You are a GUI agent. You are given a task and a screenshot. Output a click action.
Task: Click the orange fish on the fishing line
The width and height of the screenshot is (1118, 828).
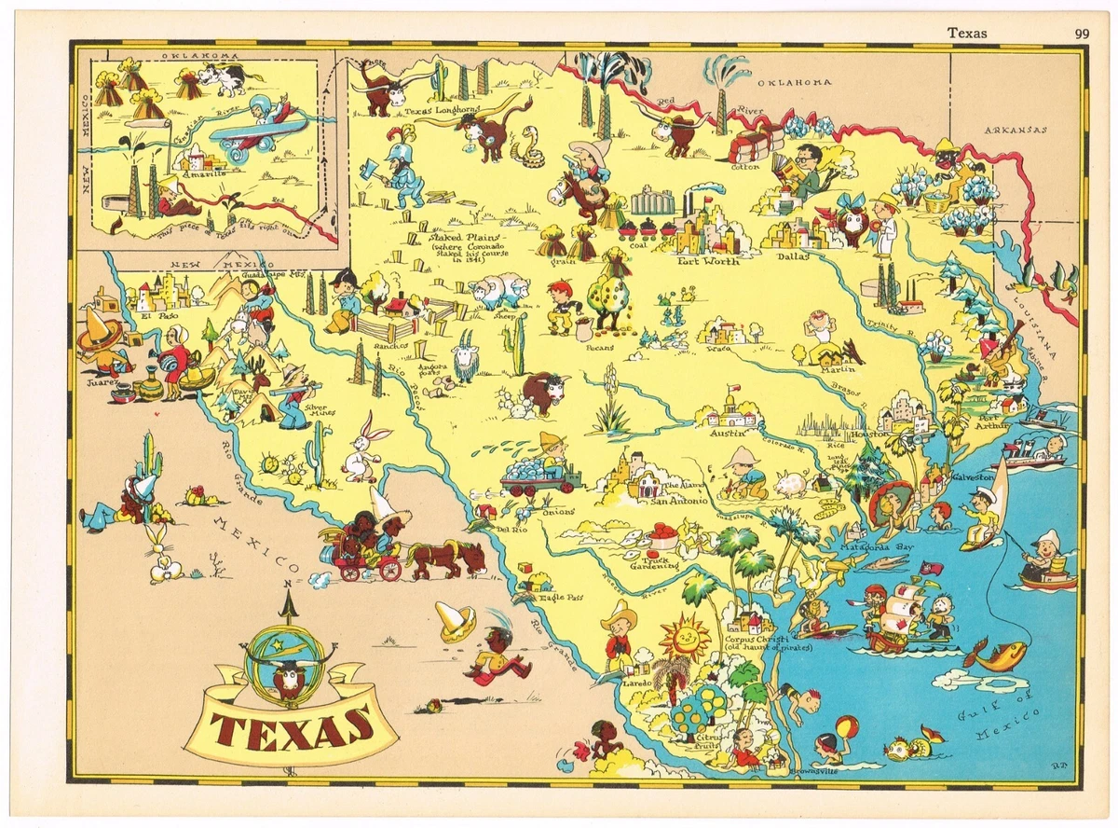(996, 654)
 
